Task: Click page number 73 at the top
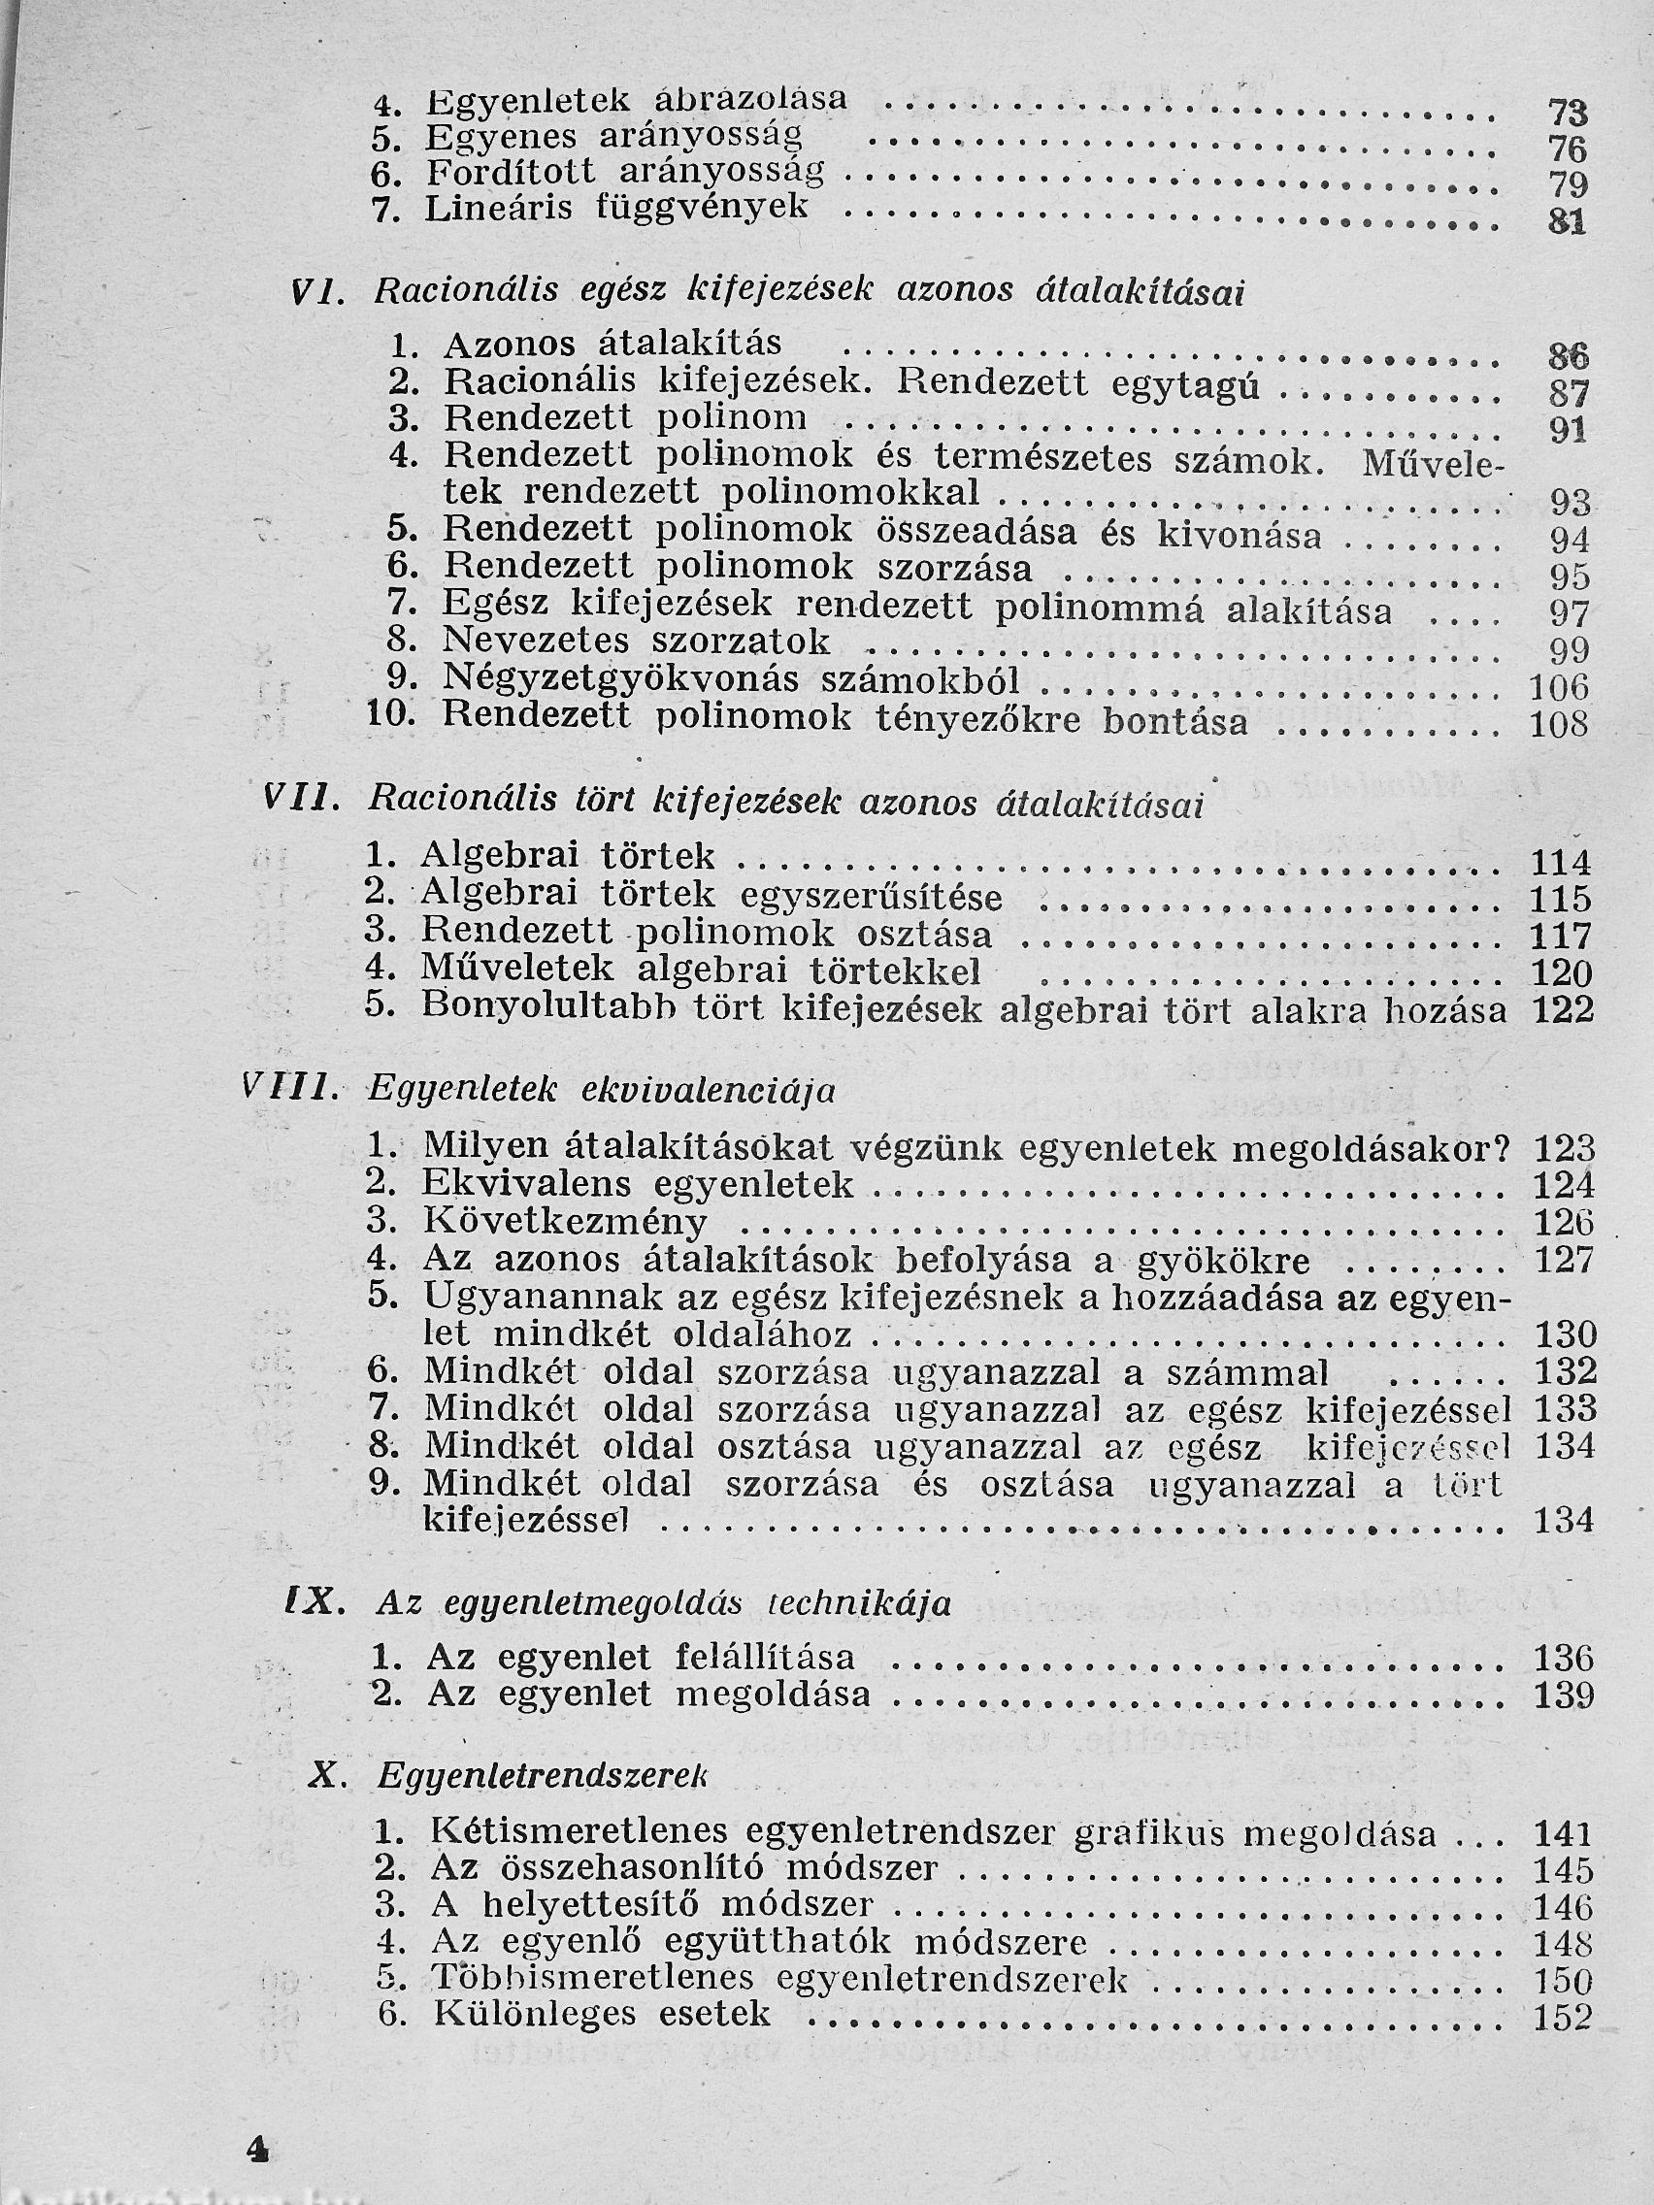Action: pos(1567,113)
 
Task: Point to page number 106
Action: pos(1558,688)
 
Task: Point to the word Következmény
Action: pos(564,1221)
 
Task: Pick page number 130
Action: pos(1565,1334)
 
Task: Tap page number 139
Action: pos(1565,1694)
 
